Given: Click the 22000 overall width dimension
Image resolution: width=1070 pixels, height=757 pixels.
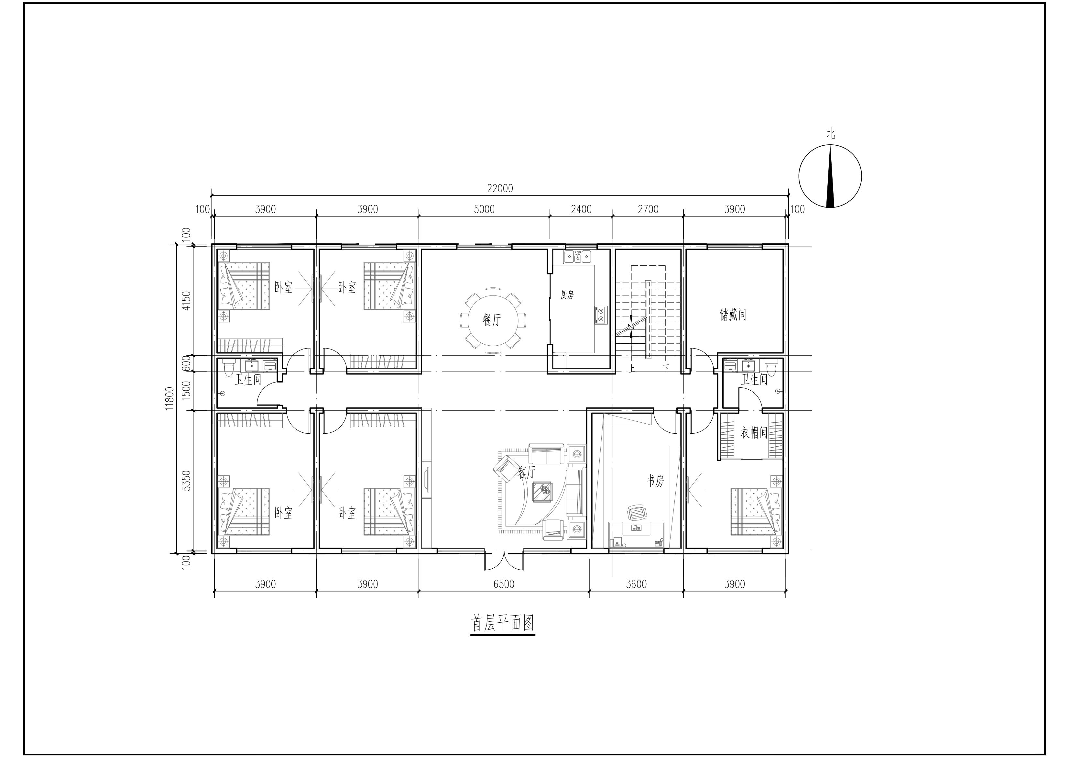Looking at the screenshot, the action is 500,188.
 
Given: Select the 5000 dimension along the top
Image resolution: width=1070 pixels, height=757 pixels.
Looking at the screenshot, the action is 484,209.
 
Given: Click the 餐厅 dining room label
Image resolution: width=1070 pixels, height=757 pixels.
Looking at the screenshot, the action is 492,320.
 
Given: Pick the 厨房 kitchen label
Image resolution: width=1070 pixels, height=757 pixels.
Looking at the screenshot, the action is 567,295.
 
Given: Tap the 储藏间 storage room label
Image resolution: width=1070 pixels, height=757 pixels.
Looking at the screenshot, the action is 733,315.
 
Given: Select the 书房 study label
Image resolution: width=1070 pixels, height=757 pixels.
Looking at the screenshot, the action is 655,481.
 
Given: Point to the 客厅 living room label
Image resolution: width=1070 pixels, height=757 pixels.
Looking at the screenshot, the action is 527,473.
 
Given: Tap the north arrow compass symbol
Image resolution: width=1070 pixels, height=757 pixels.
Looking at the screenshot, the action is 830,176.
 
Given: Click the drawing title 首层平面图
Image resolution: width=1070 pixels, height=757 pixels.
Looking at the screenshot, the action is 503,623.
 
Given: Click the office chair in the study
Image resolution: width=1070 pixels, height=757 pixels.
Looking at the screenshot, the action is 638,513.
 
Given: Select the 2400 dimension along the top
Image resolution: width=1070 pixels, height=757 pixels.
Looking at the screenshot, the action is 581,209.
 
